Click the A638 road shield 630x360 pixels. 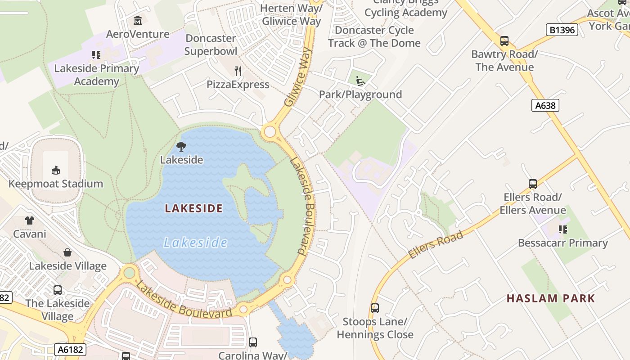pyautogui.click(x=545, y=105)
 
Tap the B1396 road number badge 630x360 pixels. pyautogui.click(x=562, y=30)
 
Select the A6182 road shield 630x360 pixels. pyautogui.click(x=70, y=349)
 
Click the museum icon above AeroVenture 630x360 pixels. pyautogui.click(x=138, y=21)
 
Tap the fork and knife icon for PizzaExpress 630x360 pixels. pyautogui.click(x=238, y=71)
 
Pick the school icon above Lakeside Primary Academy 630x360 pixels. pyautogui.click(x=96, y=55)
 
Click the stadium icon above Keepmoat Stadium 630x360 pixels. pyautogui.click(x=56, y=170)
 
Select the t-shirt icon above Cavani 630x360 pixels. pyautogui.click(x=30, y=220)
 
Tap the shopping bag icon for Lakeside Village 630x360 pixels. pyautogui.click(x=67, y=252)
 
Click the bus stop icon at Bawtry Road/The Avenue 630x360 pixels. pyautogui.click(x=504, y=41)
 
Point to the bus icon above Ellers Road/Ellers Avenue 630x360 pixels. pyautogui.click(x=533, y=184)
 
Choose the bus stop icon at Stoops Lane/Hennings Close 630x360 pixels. pyautogui.click(x=375, y=308)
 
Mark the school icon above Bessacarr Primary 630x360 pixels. pyautogui.click(x=562, y=229)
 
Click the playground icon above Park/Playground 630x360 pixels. pyautogui.click(x=360, y=81)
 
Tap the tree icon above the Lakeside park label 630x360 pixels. pyautogui.click(x=181, y=146)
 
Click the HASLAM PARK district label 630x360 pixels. pyautogui.click(x=551, y=298)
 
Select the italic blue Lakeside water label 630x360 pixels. pyautogui.click(x=195, y=243)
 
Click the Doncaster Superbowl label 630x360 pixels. pyautogui.click(x=211, y=45)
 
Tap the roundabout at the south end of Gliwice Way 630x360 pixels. pyautogui.click(x=270, y=132)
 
